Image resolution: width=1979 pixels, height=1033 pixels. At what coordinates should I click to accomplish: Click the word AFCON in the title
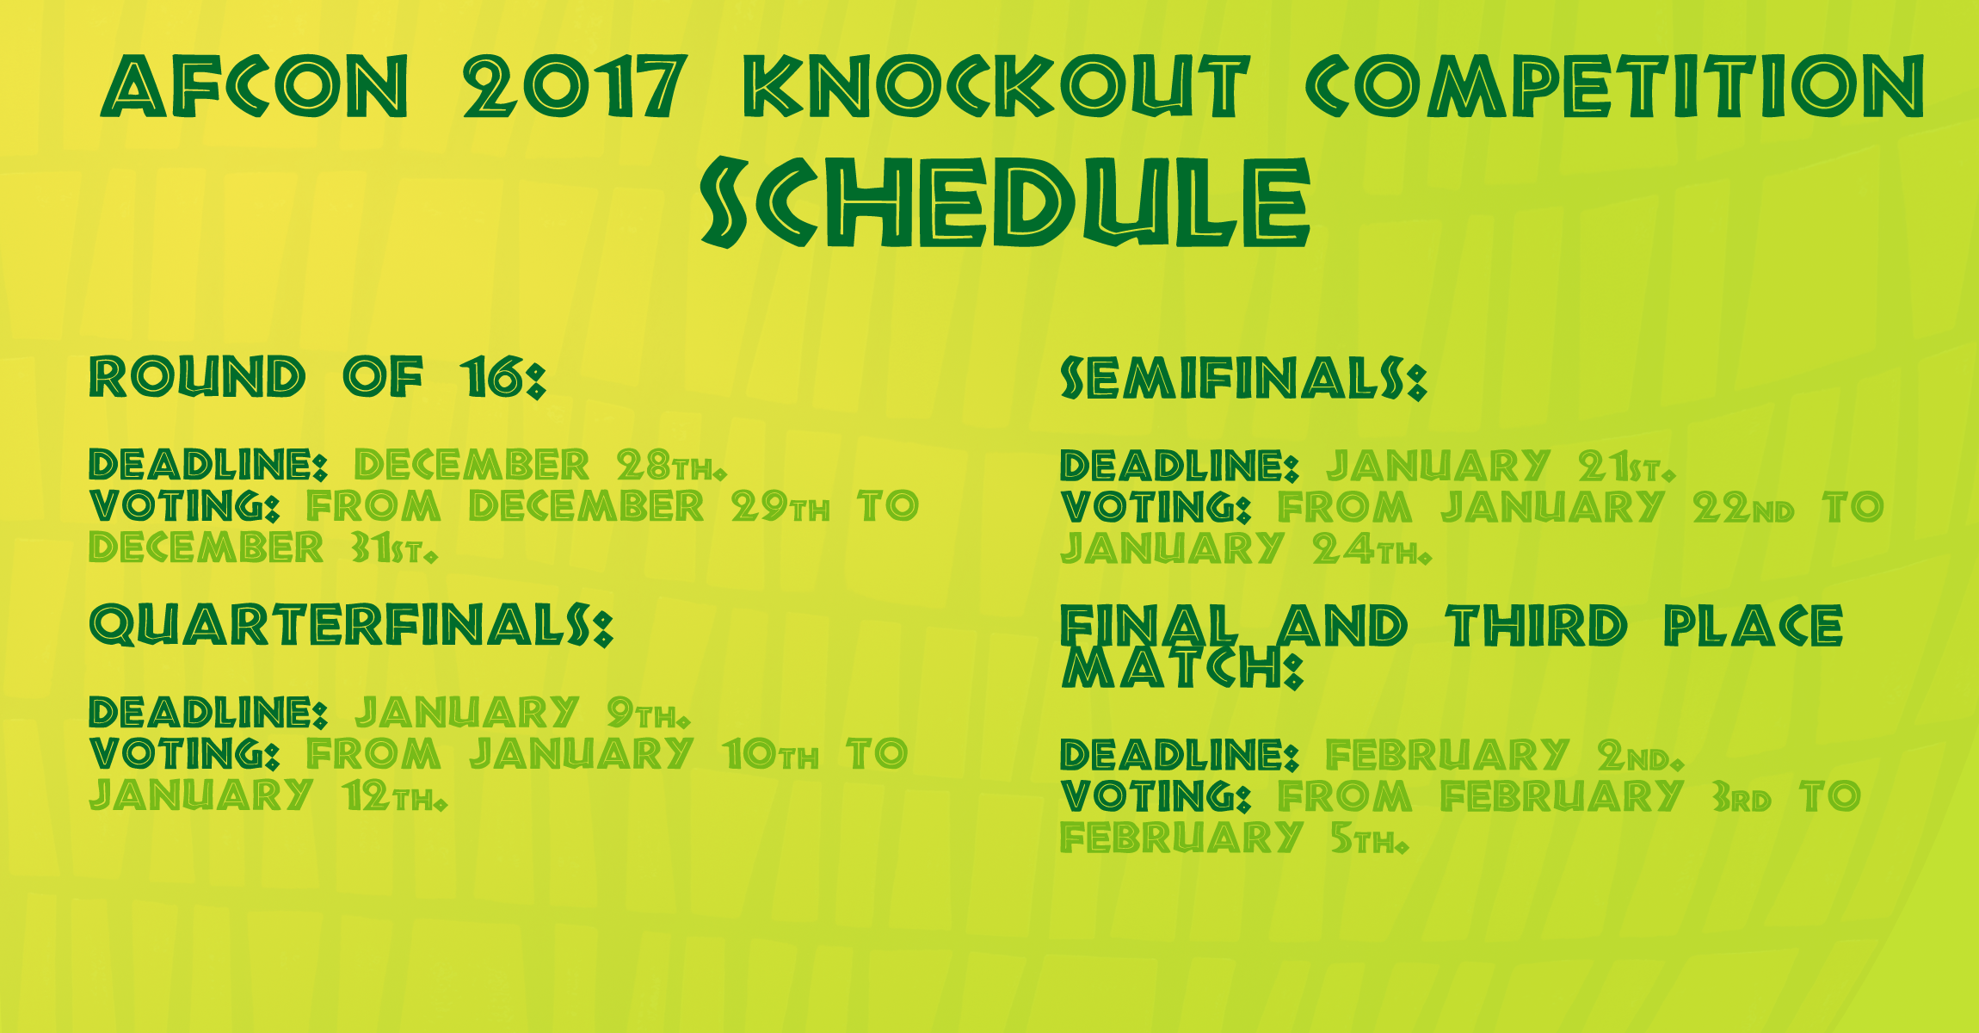(255, 85)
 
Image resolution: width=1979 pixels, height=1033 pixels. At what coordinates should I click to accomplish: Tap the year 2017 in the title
(575, 85)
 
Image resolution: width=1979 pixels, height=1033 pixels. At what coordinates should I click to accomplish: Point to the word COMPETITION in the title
(1615, 85)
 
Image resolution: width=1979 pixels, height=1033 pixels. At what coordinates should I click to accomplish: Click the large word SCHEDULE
(1005, 202)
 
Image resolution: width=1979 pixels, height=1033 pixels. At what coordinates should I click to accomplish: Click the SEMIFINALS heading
(1243, 379)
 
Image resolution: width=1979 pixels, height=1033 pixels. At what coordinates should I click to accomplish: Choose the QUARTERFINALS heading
(351, 626)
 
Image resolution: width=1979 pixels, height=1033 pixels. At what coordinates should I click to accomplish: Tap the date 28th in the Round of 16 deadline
(671, 466)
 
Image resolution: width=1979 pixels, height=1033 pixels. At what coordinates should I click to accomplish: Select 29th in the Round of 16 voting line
(780, 506)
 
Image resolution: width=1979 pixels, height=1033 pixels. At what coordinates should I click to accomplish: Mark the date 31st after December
(394, 547)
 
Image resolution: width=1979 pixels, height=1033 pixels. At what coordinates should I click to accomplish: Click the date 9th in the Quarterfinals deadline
(648, 713)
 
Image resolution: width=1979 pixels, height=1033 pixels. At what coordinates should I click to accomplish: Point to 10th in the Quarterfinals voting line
(771, 754)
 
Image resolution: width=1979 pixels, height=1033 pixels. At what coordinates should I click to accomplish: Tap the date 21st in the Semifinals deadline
(1627, 467)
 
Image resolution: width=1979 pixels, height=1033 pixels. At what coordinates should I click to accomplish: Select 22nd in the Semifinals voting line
(1743, 508)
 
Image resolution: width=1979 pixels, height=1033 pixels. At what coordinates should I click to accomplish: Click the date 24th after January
(1372, 549)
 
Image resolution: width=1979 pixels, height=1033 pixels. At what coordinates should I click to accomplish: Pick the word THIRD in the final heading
(1537, 626)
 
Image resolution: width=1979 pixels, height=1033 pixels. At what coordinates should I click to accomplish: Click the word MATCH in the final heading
(1183, 667)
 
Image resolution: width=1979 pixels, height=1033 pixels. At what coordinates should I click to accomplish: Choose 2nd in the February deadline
(1640, 756)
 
